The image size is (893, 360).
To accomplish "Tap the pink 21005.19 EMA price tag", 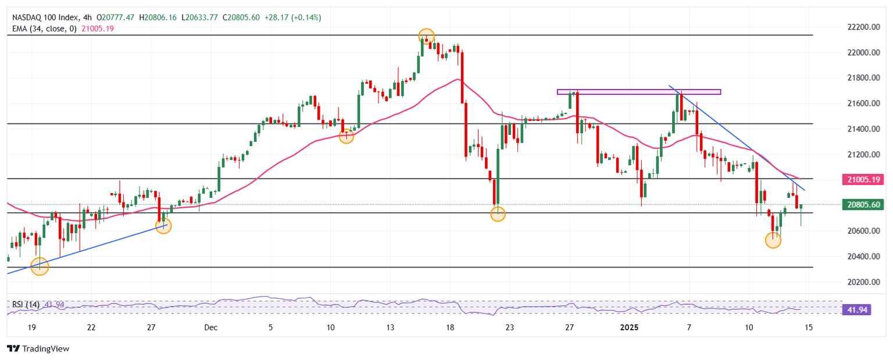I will click(862, 180).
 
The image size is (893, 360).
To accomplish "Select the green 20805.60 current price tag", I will click(862, 205).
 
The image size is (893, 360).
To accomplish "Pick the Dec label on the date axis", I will click(211, 327).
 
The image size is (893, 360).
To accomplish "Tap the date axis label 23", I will click(510, 327).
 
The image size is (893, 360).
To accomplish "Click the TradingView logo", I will click(38, 348).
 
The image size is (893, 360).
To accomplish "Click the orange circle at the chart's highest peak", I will click(426, 36).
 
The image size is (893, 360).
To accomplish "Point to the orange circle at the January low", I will click(773, 240).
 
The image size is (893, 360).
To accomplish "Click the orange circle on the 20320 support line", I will click(40, 267).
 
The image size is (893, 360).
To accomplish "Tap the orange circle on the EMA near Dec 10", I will click(347, 137).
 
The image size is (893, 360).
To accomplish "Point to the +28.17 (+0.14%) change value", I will click(293, 17).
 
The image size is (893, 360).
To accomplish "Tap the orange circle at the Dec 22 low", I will click(498, 214).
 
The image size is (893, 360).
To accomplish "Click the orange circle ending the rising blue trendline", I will click(164, 226).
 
